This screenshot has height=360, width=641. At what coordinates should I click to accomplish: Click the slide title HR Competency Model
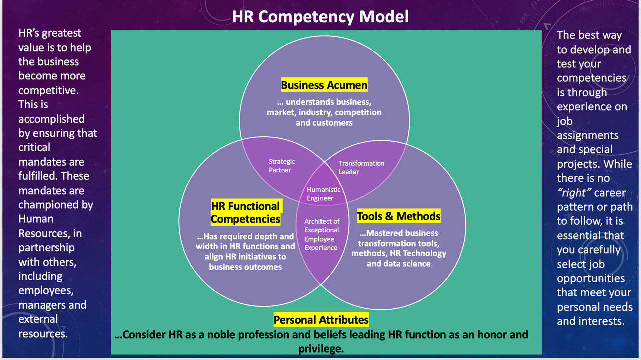[320, 17]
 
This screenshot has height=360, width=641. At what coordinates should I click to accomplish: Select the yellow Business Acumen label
[324, 85]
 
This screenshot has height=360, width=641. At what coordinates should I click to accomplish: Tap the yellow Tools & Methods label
[398, 216]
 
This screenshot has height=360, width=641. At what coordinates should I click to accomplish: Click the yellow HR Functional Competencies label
[246, 212]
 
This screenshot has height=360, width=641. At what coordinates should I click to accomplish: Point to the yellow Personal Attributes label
[321, 320]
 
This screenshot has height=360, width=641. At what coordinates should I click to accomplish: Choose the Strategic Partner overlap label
[282, 166]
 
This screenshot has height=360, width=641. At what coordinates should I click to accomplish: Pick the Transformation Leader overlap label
[361, 167]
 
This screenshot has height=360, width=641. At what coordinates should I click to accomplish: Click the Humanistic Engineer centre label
[324, 194]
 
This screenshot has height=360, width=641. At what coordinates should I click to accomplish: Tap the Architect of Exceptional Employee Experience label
[322, 234]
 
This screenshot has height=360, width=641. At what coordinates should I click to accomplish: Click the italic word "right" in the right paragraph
[574, 193]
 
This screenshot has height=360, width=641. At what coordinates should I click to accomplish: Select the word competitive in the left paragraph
[49, 91]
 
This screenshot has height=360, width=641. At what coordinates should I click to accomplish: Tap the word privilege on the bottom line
[321, 349]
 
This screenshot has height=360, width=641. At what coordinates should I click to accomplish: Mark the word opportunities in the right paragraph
[591, 278]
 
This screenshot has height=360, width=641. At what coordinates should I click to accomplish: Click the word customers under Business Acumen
[333, 123]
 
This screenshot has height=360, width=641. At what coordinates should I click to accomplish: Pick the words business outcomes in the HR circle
[245, 267]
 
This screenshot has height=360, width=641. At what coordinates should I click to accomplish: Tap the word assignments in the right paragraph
[588, 135]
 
